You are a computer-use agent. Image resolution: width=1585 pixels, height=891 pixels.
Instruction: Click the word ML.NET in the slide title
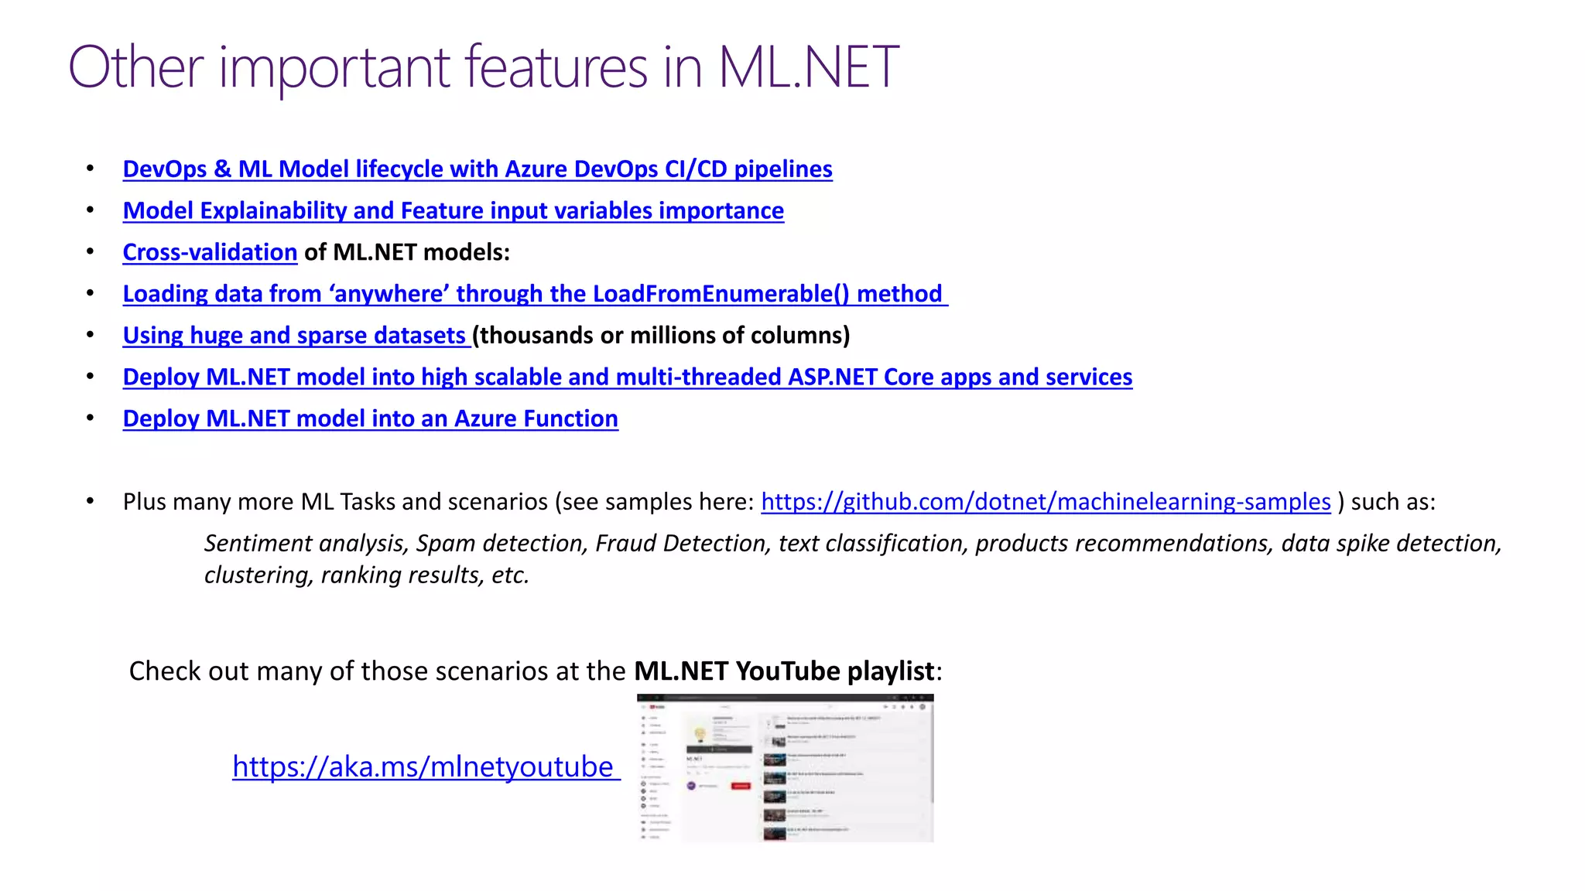[x=808, y=67]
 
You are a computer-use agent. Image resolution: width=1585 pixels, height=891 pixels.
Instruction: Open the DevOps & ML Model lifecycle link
[x=478, y=169]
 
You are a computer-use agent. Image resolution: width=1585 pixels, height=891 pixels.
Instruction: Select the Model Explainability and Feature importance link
[x=453, y=210]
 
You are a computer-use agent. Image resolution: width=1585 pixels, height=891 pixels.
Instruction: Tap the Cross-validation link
[x=210, y=252]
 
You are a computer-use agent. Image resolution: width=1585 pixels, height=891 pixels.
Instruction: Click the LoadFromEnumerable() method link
[x=534, y=294]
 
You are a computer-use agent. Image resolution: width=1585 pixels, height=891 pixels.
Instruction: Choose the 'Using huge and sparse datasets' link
[x=295, y=336]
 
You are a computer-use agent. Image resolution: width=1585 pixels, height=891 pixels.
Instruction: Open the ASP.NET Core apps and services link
[x=627, y=377]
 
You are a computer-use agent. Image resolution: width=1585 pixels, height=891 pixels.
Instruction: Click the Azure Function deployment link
[x=370, y=418]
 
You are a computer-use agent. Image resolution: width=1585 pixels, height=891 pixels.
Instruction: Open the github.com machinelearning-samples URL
[x=1046, y=502]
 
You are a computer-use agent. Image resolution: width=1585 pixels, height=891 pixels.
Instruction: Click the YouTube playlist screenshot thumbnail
[x=785, y=768]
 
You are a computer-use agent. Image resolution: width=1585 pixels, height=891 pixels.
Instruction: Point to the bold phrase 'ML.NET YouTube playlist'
[x=784, y=671]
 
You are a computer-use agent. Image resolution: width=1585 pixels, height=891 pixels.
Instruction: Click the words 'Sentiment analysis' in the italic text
[x=305, y=544]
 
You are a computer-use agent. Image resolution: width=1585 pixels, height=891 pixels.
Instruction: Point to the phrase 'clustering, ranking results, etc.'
[x=366, y=575]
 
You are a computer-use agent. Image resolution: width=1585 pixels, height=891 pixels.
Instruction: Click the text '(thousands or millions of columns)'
[x=661, y=336]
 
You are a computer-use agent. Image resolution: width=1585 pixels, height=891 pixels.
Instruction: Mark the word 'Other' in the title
[x=135, y=67]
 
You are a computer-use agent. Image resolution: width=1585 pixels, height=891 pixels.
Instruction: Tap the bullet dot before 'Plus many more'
[x=91, y=502]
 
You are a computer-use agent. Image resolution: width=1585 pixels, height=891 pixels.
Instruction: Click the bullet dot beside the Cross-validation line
[x=91, y=252]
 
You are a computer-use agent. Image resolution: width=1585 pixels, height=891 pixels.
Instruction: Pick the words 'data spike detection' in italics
[x=1391, y=544]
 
